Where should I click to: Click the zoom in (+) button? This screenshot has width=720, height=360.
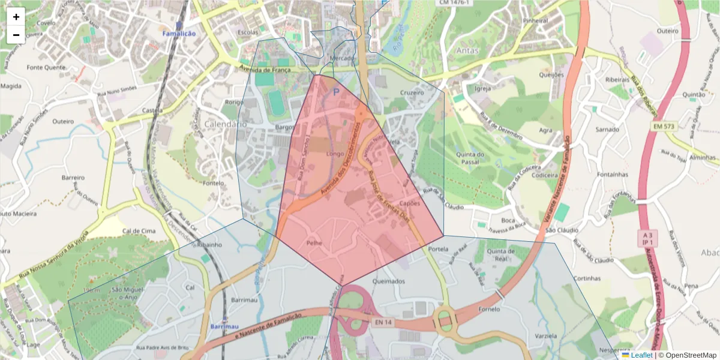coord(16,17)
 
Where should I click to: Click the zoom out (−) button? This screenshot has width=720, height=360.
coord(16,35)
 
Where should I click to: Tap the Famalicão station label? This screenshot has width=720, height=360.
coord(179,34)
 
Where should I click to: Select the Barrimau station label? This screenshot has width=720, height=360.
coord(225,326)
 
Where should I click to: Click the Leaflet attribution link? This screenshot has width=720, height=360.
coord(641,355)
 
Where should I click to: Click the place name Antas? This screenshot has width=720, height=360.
coord(467,50)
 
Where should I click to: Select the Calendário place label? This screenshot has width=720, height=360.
coord(225,124)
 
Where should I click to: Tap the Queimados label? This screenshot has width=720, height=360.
coord(389,281)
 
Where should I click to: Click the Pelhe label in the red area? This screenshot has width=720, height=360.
coord(315,244)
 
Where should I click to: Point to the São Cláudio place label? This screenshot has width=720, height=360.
coord(562,230)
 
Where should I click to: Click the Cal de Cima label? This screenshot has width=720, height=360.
coord(139,231)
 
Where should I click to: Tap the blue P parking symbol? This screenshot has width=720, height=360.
coord(336,92)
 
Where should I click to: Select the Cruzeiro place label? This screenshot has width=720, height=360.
coord(412,93)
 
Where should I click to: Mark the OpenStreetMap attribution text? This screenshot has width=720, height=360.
coord(687,355)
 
